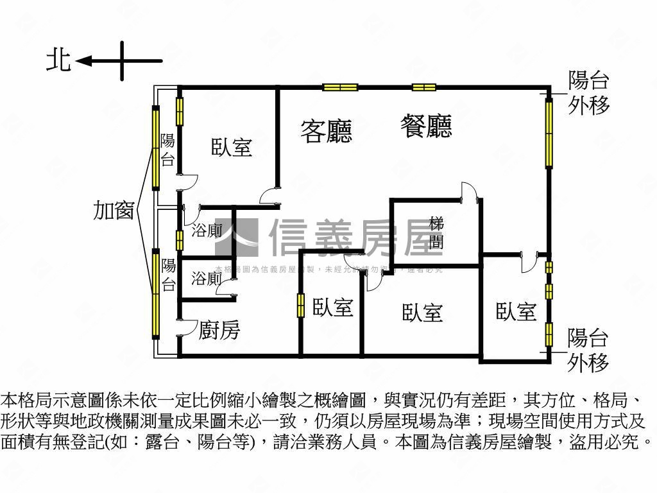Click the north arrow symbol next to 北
119,61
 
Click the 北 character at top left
58,61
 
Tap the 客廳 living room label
327,131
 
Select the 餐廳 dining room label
426,126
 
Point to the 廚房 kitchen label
219,331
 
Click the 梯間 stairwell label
437,233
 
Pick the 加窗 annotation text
114,210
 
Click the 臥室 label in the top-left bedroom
232,148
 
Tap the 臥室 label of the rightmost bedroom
516,312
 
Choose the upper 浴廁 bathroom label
207,231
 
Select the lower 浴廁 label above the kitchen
207,279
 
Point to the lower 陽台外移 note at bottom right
588,350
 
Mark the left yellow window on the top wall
340,87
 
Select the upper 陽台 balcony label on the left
167,150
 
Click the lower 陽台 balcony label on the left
168,275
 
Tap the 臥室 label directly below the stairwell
423,313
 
